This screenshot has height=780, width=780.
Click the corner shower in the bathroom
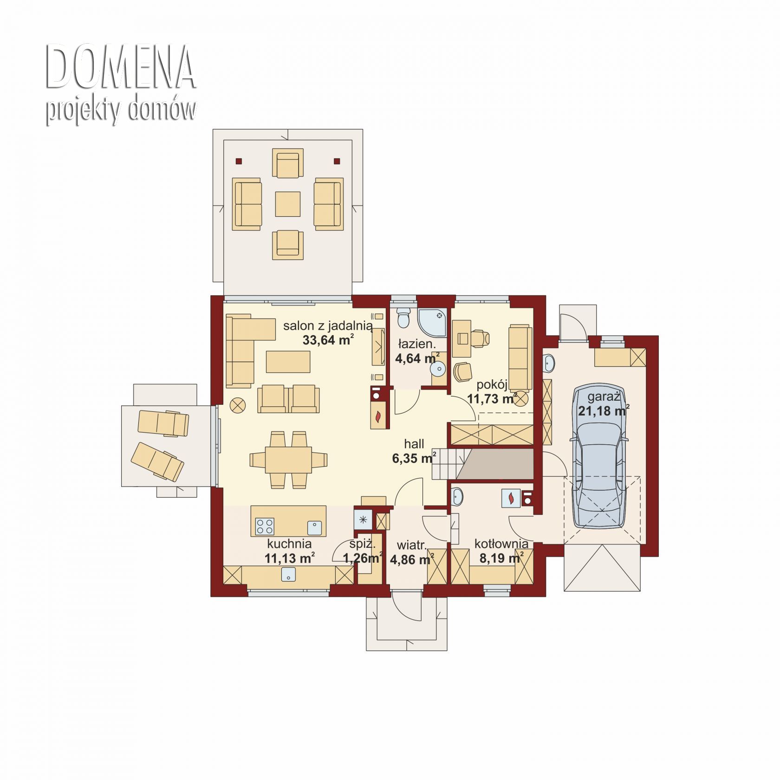(432, 323)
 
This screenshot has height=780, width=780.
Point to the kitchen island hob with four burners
(265, 526)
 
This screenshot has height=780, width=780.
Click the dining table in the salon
(288, 460)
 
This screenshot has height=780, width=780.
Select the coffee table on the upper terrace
(288, 204)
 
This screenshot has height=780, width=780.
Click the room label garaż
(604, 397)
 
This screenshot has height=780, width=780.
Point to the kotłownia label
(501, 544)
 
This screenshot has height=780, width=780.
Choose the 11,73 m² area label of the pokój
(492, 399)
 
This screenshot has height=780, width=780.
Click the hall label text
(414, 444)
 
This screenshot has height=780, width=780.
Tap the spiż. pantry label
(363, 544)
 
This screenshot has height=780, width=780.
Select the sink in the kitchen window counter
(288, 575)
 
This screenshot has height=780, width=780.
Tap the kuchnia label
(289, 544)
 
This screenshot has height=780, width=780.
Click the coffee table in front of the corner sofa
(288, 362)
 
